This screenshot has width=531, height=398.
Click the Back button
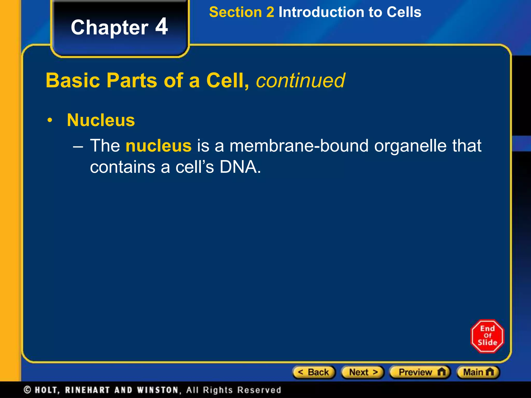pos(314,372)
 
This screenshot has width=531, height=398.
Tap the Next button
pos(363,372)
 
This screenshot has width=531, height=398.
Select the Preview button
pos(420,372)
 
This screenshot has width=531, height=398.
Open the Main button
pos(478,372)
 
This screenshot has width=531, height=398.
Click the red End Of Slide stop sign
pos(487,336)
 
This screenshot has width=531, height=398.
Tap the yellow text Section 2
pos(241,12)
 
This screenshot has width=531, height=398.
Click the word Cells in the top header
pos(404,12)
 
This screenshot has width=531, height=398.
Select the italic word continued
pos(301,80)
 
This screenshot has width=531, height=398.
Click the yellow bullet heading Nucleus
pos(101,120)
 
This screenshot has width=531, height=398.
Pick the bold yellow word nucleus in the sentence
pos(158,146)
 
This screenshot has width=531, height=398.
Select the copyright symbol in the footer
pos(27,390)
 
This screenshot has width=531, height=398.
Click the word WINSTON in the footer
pos(158,390)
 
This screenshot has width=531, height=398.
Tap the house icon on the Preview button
pos(441,372)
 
